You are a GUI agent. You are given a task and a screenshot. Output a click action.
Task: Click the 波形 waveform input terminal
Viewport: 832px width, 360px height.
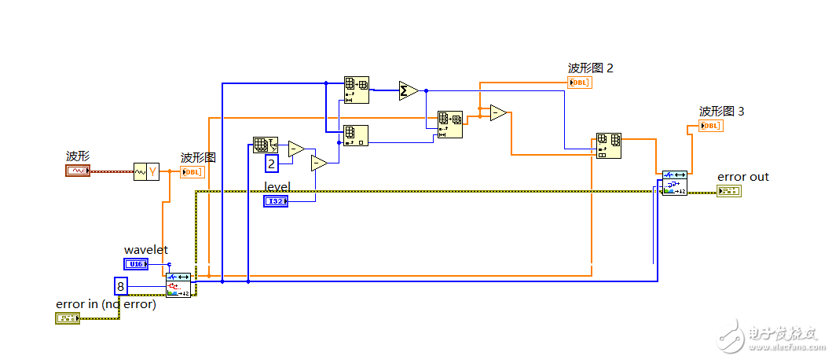click(x=78, y=170)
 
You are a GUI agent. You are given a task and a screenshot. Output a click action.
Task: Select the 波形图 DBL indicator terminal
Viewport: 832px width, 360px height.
click(x=192, y=172)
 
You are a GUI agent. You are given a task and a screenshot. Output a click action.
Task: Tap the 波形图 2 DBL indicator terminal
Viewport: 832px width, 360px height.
click(x=579, y=82)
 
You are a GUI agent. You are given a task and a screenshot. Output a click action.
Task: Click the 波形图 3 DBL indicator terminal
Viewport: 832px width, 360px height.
click(x=710, y=125)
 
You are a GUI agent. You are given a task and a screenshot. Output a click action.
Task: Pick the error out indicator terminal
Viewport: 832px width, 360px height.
click(x=728, y=191)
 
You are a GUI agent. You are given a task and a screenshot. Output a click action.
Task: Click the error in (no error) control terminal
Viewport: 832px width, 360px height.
click(x=68, y=318)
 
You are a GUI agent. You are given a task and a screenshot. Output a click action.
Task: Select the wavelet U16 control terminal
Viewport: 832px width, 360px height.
click(x=135, y=263)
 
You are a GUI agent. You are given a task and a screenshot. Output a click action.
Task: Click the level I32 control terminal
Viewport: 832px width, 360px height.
click(x=276, y=201)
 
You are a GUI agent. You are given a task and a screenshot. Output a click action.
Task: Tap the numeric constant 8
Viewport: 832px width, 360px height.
click(x=121, y=285)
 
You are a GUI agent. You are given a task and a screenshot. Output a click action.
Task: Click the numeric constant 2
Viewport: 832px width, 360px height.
click(x=271, y=163)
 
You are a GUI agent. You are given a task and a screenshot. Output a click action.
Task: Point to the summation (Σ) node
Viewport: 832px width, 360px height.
click(x=408, y=90)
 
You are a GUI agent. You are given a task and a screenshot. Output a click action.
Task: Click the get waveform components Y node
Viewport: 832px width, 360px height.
click(x=146, y=171)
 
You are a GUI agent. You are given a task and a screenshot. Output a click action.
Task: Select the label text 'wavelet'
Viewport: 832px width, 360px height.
click(x=146, y=250)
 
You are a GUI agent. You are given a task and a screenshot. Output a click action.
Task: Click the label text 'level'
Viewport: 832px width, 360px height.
click(x=277, y=187)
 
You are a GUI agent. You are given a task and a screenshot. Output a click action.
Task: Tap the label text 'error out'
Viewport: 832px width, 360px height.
click(x=742, y=177)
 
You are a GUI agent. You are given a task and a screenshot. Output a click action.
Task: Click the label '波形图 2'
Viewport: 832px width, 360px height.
click(x=590, y=68)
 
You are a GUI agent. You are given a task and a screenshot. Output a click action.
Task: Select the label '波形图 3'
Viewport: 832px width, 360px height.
click(x=721, y=112)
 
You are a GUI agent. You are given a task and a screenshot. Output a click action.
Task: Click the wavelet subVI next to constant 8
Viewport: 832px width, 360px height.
click(x=178, y=285)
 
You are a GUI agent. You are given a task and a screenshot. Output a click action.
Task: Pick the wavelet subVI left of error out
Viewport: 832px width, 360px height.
click(x=674, y=182)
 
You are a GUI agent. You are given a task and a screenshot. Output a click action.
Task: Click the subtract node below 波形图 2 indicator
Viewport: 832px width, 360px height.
click(x=498, y=113)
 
